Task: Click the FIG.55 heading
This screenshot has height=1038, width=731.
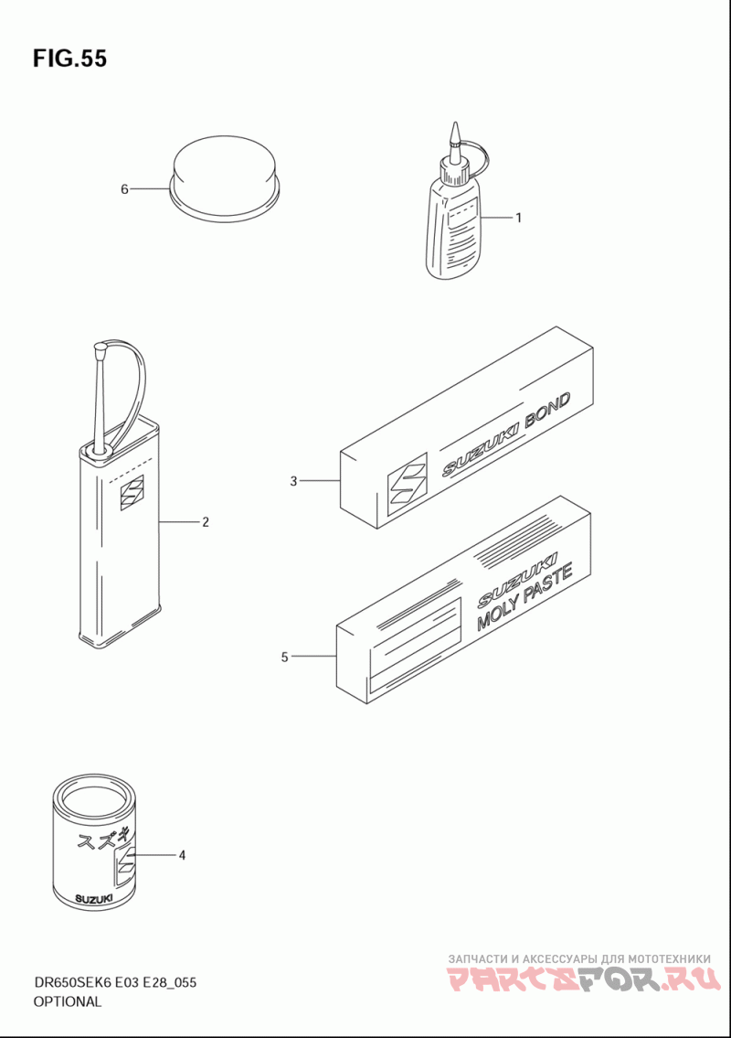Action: click(69, 59)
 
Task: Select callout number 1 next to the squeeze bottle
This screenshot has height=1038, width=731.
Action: click(519, 217)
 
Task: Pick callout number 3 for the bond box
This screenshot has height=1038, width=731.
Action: click(293, 481)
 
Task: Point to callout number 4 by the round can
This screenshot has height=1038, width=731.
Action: click(182, 855)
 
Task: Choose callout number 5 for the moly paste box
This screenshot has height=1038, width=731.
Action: click(284, 658)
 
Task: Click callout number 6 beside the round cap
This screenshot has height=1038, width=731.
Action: click(124, 189)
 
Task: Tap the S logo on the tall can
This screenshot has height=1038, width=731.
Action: click(131, 493)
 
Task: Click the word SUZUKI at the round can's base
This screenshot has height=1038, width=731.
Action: click(94, 898)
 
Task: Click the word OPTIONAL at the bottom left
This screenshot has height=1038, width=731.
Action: click(68, 1001)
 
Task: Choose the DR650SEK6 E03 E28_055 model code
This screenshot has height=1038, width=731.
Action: click(114, 982)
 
